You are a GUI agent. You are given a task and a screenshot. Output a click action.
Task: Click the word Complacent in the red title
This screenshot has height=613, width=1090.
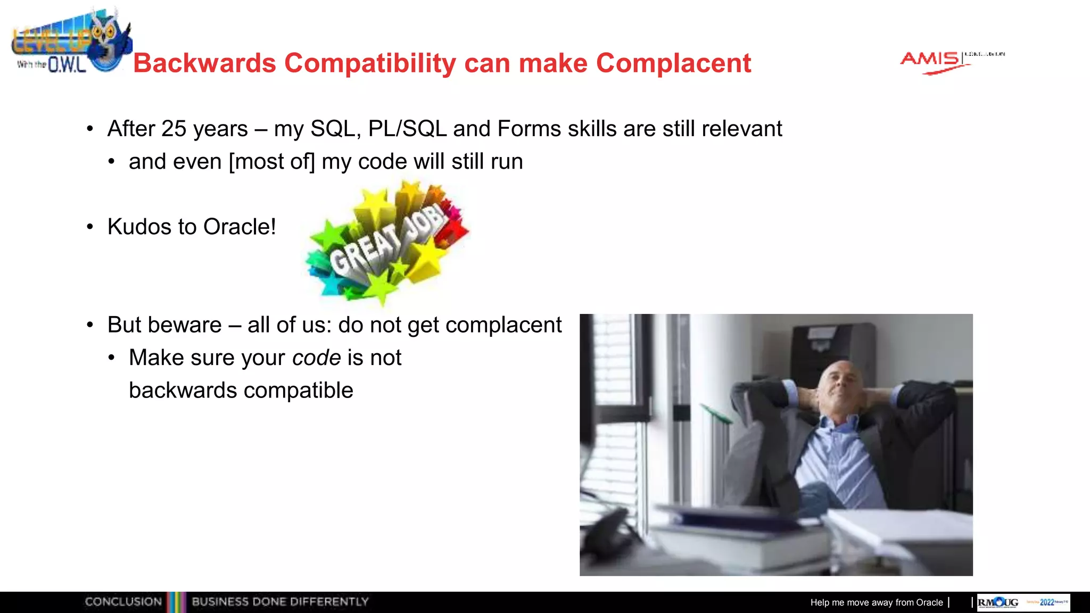click(x=673, y=63)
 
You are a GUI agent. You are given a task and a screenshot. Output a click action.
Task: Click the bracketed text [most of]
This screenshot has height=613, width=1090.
click(x=271, y=162)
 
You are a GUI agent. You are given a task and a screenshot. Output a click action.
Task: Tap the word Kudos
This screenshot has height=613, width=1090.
click(x=139, y=227)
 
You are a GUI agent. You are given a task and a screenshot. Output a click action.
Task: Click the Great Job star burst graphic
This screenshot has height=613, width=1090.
click(x=387, y=243)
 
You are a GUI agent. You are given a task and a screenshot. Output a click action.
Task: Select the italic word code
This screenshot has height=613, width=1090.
click(x=317, y=358)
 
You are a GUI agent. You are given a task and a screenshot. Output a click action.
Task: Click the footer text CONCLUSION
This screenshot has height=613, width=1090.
click(x=123, y=602)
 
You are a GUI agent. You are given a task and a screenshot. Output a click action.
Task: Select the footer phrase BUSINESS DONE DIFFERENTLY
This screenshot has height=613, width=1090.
click(x=280, y=602)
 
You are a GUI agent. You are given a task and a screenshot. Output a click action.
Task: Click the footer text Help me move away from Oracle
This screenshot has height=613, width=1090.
click(x=876, y=602)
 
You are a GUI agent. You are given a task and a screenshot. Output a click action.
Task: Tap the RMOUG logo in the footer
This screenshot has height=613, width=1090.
click(x=998, y=602)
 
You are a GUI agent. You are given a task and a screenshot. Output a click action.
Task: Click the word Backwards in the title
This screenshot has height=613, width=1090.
click(x=204, y=63)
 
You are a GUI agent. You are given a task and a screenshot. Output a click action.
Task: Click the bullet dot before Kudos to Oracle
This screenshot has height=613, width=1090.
click(x=90, y=227)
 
